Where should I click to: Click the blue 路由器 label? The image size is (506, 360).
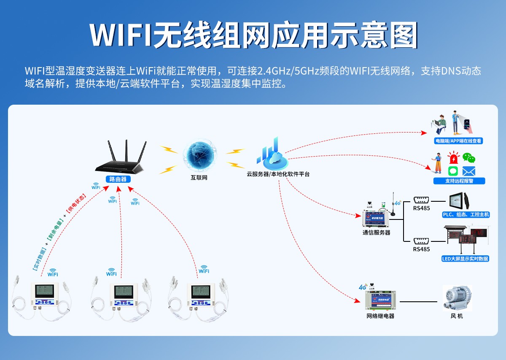pyautogui.click(x=118, y=179)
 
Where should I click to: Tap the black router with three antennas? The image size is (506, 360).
pyautogui.click(x=121, y=160)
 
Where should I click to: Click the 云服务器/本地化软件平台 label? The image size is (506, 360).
pyautogui.click(x=278, y=174)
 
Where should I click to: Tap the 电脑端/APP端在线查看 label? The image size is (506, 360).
pyautogui.click(x=458, y=141)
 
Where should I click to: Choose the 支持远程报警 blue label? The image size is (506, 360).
pyautogui.click(x=459, y=181)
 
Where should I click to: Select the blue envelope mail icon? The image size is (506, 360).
pyautogui.click(x=469, y=171)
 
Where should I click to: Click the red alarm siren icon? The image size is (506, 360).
pyautogui.click(x=453, y=159)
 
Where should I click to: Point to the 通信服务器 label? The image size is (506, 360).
pyautogui.click(x=377, y=233)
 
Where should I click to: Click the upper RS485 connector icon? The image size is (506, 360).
pyautogui.click(x=421, y=200)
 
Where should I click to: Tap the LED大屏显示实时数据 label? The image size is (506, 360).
pyautogui.click(x=465, y=259)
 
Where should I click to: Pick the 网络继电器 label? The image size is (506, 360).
pyautogui.click(x=380, y=316)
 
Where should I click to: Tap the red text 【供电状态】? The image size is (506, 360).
pyautogui.click(x=76, y=204)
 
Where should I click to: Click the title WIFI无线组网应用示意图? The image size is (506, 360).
pyautogui.click(x=253, y=35)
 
